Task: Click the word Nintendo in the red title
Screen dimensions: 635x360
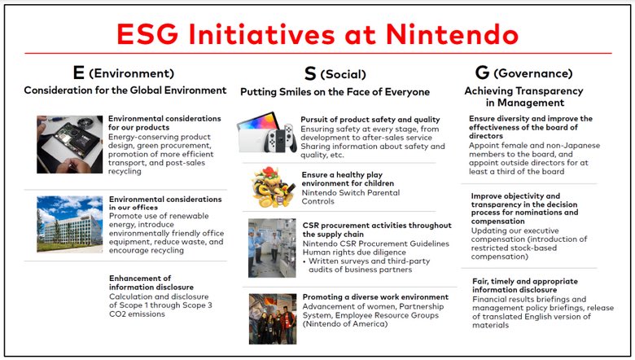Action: (x=452, y=34)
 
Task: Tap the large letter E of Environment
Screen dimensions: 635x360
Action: (x=79, y=72)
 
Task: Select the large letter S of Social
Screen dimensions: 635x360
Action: (x=310, y=73)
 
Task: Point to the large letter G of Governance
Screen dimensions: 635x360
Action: (x=482, y=72)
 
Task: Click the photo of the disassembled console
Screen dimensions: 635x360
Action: (x=70, y=144)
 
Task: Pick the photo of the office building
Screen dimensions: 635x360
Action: (x=70, y=224)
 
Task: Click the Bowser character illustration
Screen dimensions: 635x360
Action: (x=274, y=187)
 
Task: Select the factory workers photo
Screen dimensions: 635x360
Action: (x=272, y=248)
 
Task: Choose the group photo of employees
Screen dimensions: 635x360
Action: (x=273, y=319)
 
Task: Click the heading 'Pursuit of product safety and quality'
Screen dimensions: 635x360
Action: (x=370, y=120)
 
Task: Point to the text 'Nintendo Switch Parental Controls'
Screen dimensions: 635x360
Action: (x=351, y=197)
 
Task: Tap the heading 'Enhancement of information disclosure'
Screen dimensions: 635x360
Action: (x=151, y=283)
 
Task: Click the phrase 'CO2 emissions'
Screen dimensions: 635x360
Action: (x=137, y=314)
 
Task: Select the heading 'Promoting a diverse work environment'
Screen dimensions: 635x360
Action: (x=375, y=296)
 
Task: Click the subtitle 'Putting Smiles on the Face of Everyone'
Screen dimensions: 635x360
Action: (x=335, y=92)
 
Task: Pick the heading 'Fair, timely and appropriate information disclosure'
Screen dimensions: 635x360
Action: (x=525, y=286)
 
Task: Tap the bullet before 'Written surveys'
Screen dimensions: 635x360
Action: (x=304, y=261)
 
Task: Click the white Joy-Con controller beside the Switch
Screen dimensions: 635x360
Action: (x=289, y=138)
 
